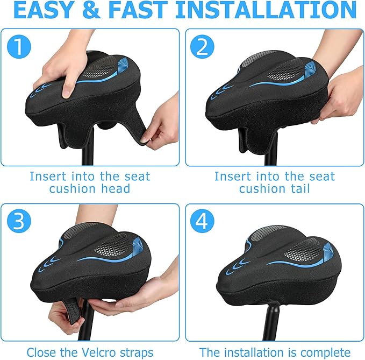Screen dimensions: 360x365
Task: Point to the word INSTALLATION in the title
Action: pos(266,10)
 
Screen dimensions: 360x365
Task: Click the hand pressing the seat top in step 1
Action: pos(59,75)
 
